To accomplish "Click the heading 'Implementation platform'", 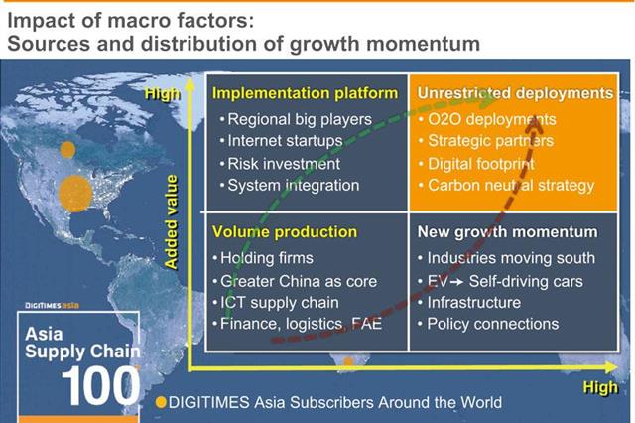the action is [x=305, y=93].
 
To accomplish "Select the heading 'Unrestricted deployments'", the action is [x=515, y=93].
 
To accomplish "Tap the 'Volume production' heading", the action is [x=285, y=232].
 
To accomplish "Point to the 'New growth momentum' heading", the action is [x=507, y=232].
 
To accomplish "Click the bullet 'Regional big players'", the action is [x=300, y=119].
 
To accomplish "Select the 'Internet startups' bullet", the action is [x=285, y=141].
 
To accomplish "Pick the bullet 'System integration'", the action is [x=294, y=185].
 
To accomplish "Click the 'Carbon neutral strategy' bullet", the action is [x=511, y=185].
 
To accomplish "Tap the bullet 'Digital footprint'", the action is [x=481, y=164].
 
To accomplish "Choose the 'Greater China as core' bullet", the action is [x=299, y=281].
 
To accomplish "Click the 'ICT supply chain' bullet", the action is [x=280, y=303].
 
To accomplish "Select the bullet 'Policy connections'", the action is [x=493, y=324].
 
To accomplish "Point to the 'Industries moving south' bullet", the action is [x=511, y=258].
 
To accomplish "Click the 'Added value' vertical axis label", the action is [x=172, y=222].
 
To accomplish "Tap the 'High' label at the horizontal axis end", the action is [x=600, y=387].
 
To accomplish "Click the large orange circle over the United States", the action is [x=75, y=194].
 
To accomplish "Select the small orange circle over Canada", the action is [x=67, y=150].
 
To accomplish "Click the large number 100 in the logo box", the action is [x=100, y=385].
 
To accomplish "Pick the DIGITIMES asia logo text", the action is [x=52, y=306].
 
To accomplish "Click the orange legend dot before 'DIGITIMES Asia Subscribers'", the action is [x=161, y=403].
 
